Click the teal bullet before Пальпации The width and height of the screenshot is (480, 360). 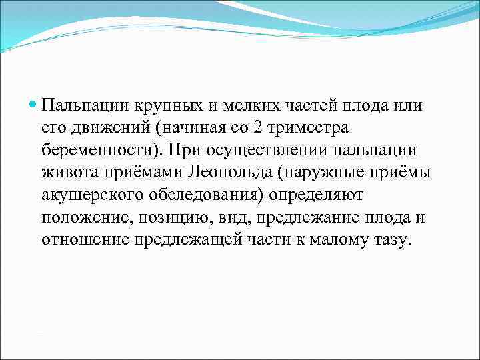click(33, 105)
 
